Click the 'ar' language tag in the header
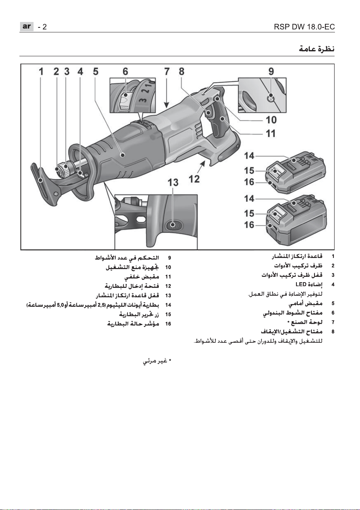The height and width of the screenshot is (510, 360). [x=27, y=27]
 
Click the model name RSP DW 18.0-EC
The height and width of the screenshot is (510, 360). [x=304, y=27]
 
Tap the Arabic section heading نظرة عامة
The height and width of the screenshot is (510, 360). [x=317, y=49]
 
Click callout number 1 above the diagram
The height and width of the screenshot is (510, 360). [x=41, y=71]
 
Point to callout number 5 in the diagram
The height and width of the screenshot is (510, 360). [x=96, y=71]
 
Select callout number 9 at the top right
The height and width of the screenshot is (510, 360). [x=271, y=71]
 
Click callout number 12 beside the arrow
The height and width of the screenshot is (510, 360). [x=194, y=179]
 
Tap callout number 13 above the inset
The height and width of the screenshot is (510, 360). [x=173, y=182]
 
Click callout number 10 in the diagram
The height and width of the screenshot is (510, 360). [x=271, y=120]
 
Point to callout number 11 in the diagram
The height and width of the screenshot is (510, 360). [x=271, y=133]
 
